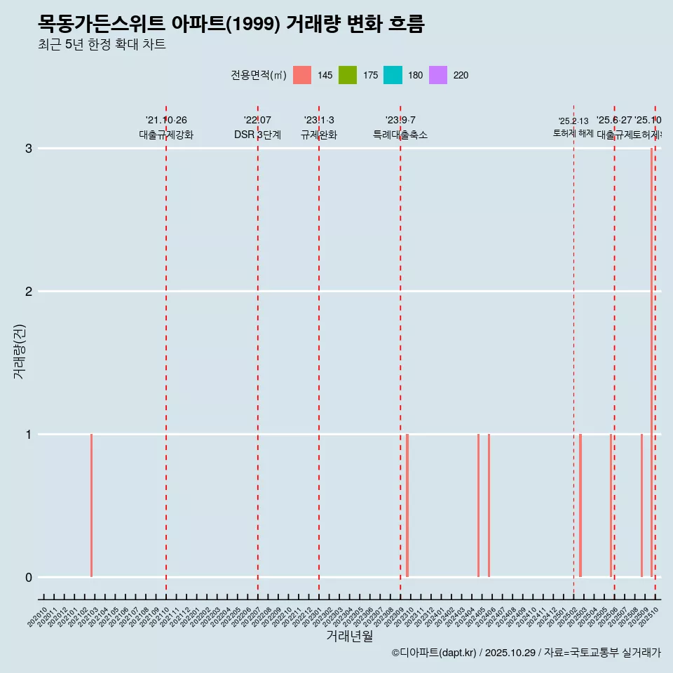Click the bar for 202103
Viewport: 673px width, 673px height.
coord(91,505)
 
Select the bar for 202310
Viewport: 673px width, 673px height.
coord(407,505)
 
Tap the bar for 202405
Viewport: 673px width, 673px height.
coord(479,505)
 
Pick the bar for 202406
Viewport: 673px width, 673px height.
coord(489,505)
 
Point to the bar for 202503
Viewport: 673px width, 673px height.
coord(580,505)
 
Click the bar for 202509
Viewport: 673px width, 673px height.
coord(641,505)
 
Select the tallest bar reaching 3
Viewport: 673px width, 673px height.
coord(652,351)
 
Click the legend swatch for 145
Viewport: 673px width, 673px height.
coord(302,75)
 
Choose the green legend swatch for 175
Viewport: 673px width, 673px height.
coord(347,75)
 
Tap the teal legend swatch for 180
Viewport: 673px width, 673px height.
coord(393,75)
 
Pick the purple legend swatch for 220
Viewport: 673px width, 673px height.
coord(437,75)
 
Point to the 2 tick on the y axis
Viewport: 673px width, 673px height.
coord(29,292)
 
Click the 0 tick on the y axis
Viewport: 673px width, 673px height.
coord(29,578)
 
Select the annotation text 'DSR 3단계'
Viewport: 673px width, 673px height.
coord(257,135)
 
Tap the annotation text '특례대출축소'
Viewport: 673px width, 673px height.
coord(400,135)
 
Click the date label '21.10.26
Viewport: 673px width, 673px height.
coord(166,121)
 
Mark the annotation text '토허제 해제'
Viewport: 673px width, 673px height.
coord(573,133)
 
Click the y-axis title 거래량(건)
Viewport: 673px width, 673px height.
coord(19,351)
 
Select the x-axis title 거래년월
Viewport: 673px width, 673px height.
coord(349,636)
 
